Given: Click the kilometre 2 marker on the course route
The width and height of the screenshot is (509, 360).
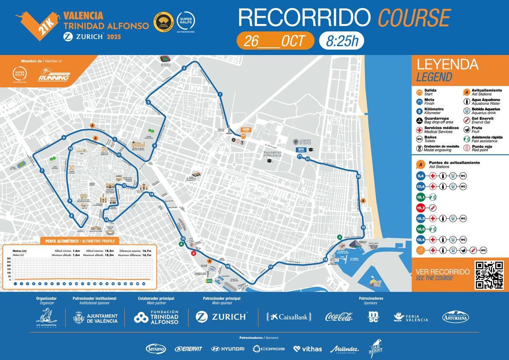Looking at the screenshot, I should [x=184, y=68].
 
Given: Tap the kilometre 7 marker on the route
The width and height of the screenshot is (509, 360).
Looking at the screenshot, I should [x=42, y=171].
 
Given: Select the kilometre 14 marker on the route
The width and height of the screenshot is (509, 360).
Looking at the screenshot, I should [x=151, y=194].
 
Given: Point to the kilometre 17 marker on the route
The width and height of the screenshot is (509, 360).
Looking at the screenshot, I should [x=270, y=267].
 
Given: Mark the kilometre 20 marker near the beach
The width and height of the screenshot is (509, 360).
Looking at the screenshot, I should [x=358, y=176].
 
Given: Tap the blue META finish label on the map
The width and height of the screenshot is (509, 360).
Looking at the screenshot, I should [x=302, y=150].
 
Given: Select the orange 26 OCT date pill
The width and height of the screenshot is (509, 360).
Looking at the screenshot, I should [x=275, y=41].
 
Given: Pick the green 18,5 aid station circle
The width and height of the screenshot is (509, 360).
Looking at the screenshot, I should [x=421, y=229].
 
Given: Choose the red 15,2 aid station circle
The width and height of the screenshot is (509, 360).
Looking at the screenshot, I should [x=421, y=208].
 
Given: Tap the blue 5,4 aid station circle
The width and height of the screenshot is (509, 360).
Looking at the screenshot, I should [x=421, y=176].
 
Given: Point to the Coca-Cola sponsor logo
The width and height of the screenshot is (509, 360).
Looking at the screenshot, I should [x=339, y=316].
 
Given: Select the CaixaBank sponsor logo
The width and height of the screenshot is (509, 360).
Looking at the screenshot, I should [x=289, y=316].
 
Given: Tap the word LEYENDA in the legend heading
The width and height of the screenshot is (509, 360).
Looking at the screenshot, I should [x=447, y=65].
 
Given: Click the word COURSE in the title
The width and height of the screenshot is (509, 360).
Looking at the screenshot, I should [x=414, y=18].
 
